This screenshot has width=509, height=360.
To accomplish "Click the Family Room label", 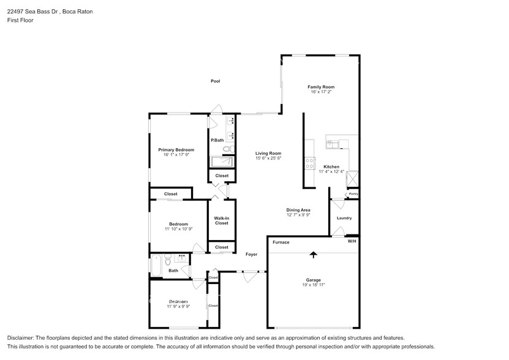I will (320, 87).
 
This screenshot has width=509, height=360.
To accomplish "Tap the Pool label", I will (215, 81).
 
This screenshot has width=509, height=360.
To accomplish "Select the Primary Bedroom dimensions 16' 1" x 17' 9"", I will (176, 155).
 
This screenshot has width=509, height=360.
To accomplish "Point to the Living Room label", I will (268, 153).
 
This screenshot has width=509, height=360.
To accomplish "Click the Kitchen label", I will (331, 167).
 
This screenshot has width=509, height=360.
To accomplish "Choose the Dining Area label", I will (298, 210).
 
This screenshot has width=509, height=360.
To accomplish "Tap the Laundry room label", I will (344, 218).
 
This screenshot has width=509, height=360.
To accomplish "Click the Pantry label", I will (353, 195).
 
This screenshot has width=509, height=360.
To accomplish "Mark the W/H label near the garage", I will (352, 241).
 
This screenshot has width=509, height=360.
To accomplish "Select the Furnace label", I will (281, 242).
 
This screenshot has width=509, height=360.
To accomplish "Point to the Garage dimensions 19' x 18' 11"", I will (313, 285).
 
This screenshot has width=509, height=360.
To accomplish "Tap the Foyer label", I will (251, 254).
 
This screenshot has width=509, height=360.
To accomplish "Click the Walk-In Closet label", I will (221, 220).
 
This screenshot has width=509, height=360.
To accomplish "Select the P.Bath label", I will (217, 140).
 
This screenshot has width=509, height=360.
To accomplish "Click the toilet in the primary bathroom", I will (227, 149).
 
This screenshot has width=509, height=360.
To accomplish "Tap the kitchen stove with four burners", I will (310, 163).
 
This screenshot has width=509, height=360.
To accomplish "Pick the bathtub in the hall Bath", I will (156, 265).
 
